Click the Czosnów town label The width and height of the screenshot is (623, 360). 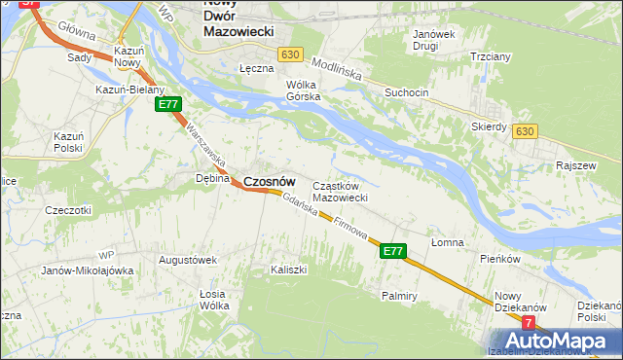click(x=269, y=181)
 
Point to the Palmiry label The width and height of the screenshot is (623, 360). click(x=399, y=294)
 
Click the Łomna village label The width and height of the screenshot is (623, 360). click(x=448, y=242)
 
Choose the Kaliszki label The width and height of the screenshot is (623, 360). click(x=289, y=269)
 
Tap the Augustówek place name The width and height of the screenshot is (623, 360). click(x=187, y=260)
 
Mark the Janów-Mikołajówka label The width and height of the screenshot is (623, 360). click(x=88, y=270)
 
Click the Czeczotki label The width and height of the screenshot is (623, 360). click(x=68, y=209)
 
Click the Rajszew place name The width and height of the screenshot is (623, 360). click(x=574, y=165)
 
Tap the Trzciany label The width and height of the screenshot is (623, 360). click(x=491, y=56)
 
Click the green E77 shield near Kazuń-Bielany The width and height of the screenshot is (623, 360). click(x=167, y=104)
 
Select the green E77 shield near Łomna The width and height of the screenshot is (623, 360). click(x=392, y=251)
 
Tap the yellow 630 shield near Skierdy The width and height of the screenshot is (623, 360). click(x=526, y=130)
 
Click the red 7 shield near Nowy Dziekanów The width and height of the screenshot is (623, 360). click(x=529, y=322)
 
